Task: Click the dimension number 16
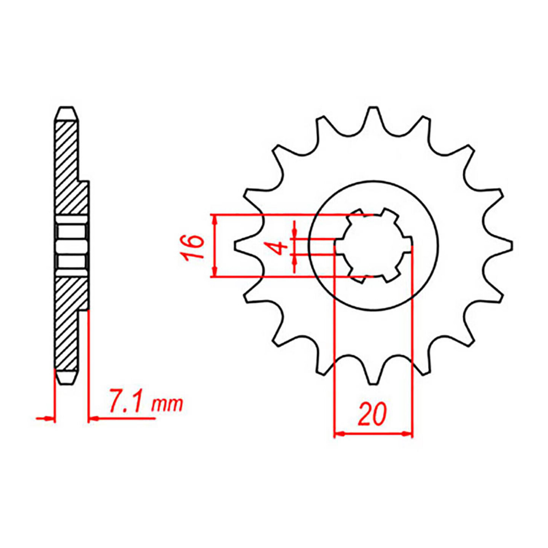tap(193, 247)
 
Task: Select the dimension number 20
tap(372, 414)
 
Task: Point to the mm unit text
tap(167, 404)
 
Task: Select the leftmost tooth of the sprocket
tap(240, 246)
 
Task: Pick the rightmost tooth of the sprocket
tap(508, 246)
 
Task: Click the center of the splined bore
tap(373, 246)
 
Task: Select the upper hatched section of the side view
tap(67, 168)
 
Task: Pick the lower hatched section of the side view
tap(67, 322)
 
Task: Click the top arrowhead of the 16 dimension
tap(214, 219)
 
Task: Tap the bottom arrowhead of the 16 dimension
tap(214, 272)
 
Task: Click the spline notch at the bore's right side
tap(408, 246)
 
